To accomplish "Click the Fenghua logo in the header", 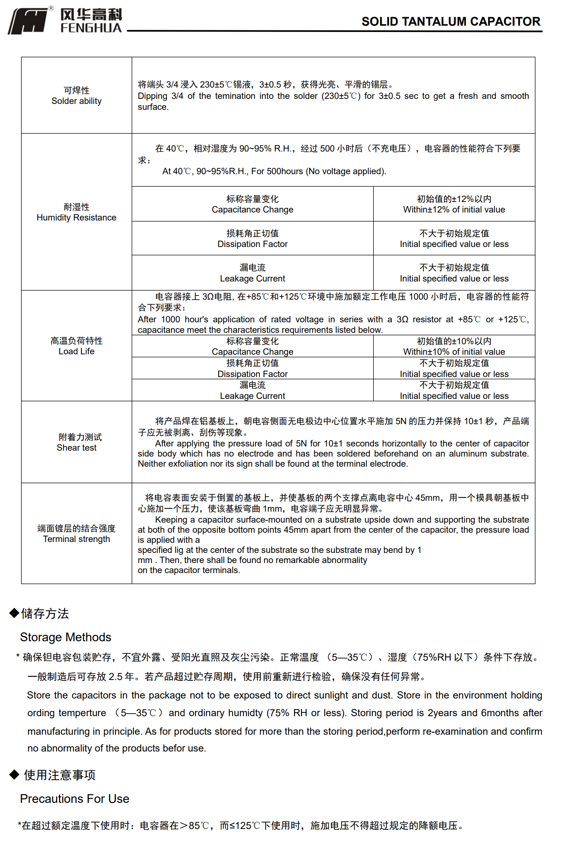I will pos(65,20).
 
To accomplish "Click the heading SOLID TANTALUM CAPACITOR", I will pos(450,21).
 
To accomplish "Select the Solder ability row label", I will pos(77,101).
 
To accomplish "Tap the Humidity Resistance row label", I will pos(77,218).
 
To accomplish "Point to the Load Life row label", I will pos(77,351).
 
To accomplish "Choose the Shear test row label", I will pos(77,448).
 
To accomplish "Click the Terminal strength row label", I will pos(77,539).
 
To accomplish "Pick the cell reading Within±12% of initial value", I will pos(454,210).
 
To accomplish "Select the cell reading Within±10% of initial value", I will pos(454,352).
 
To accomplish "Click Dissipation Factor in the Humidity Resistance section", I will pos(252,244).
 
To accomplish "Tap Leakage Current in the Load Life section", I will pos(252,396).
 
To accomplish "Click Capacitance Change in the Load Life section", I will pos(252,352).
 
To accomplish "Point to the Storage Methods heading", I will pos(66,637).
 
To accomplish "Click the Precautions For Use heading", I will pos(74,799).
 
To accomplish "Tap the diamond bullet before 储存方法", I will pos(14,613).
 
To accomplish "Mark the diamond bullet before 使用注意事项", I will pos(14,774).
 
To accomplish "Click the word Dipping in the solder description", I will pos(152,96).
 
